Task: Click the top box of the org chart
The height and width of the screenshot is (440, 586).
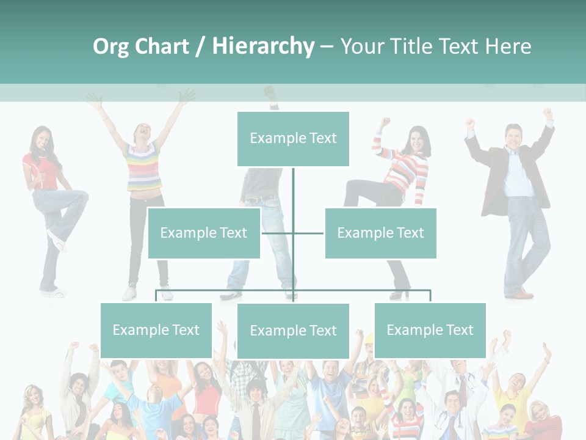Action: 293,139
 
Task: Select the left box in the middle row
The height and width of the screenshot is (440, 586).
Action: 204,233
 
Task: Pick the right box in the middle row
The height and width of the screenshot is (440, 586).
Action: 380,233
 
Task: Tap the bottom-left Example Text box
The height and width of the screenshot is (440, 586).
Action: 156,330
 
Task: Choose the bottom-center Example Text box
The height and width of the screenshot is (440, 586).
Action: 293,331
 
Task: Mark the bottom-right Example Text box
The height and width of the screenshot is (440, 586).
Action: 430,330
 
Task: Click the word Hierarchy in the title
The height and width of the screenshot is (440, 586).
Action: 263,46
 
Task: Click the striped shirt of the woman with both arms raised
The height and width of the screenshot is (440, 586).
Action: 144,166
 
